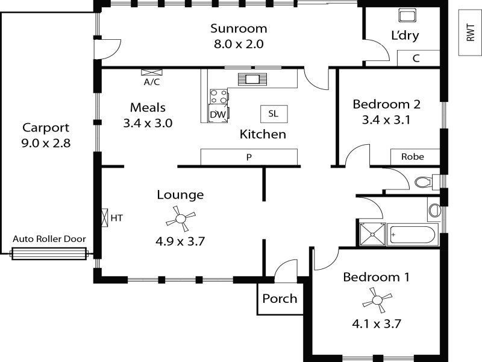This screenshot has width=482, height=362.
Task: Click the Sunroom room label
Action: [239, 28]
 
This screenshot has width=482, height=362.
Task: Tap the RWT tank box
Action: [470, 33]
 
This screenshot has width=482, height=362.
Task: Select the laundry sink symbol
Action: [408, 15]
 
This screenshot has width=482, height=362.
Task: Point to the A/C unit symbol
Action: [152, 72]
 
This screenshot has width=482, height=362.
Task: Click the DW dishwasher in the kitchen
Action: [218, 113]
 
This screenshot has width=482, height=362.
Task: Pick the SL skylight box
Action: [274, 114]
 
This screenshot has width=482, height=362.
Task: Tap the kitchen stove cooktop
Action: [219, 97]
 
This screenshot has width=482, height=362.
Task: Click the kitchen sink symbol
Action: [252, 79]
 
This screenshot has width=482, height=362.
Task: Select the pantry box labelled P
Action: [249, 157]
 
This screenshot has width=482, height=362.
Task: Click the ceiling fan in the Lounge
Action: [180, 219]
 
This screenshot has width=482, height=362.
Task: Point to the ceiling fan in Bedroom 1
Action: [377, 300]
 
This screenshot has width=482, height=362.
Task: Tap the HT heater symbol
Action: [105, 218]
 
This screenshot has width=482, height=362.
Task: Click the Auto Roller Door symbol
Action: [49, 254]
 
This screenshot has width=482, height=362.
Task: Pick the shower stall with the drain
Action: [372, 235]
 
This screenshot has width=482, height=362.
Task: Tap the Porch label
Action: [280, 299]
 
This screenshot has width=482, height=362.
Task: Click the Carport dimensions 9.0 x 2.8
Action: [46, 143]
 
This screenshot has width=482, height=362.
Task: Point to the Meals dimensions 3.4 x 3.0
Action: [148, 123]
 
